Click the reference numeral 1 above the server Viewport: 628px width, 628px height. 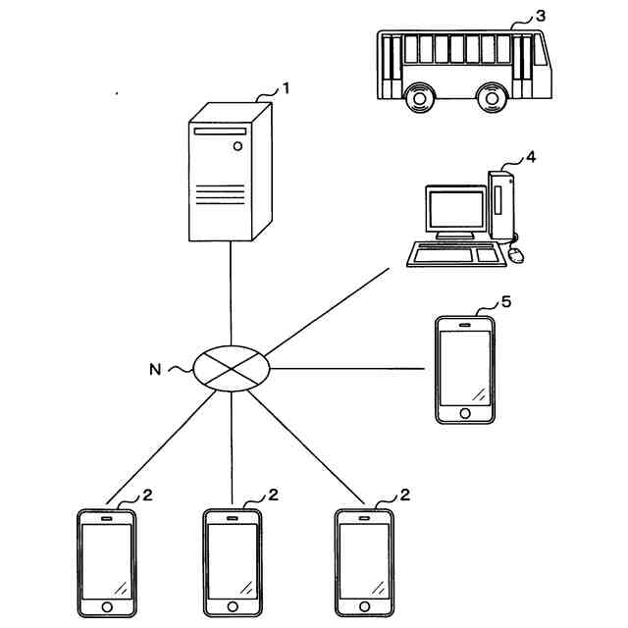(x=286, y=88)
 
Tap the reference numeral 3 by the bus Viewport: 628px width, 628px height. (x=541, y=16)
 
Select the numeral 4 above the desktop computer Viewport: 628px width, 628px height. (x=531, y=157)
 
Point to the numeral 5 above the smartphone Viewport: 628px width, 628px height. (x=506, y=302)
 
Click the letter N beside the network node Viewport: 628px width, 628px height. (x=155, y=369)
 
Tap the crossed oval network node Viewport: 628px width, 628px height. (x=232, y=369)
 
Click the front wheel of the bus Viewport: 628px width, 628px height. (x=492, y=98)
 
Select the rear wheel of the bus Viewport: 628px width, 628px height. (x=419, y=98)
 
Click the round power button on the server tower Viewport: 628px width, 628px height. (x=237, y=146)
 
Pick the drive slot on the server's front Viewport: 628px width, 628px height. (x=220, y=131)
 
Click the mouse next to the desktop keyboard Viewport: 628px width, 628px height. (x=516, y=255)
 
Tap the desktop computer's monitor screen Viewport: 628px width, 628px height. (x=456, y=209)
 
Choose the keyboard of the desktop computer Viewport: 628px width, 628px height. (x=456, y=254)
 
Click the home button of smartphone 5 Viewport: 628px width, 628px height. (x=465, y=413)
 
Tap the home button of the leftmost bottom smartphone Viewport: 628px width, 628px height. (x=107, y=606)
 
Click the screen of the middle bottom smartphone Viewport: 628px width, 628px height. (x=233, y=561)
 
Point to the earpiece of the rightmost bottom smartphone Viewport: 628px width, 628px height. (x=364, y=518)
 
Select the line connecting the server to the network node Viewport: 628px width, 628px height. (x=231, y=293)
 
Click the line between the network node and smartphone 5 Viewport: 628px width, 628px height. (x=347, y=368)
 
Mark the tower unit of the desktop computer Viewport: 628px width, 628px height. (x=501, y=206)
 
